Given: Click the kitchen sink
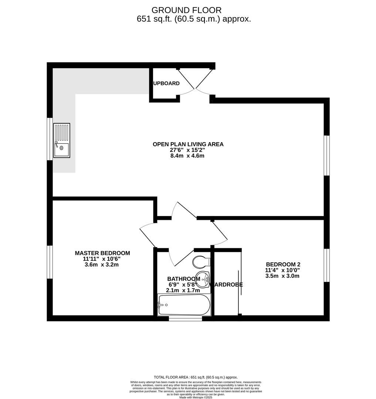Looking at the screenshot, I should (x=61, y=140).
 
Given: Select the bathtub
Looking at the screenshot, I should (x=184, y=305).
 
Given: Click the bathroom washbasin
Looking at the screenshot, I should (x=203, y=279).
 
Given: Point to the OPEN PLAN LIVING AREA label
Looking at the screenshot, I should (x=188, y=144).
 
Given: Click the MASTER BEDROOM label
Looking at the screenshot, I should (x=102, y=253).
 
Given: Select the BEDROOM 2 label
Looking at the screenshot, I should (x=283, y=264).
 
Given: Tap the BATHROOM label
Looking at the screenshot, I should (x=183, y=279).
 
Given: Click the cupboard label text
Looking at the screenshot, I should (x=166, y=83).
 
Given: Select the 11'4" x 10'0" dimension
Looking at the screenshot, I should (x=282, y=270).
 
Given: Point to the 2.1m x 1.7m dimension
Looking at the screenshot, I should (x=183, y=290).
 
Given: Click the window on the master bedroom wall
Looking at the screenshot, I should (x=50, y=262).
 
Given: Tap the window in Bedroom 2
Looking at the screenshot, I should (x=326, y=265).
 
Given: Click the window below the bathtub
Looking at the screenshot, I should (x=185, y=318).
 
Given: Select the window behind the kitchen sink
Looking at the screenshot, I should (x=50, y=139).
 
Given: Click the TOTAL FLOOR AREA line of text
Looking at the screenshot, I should (x=196, y=377).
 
